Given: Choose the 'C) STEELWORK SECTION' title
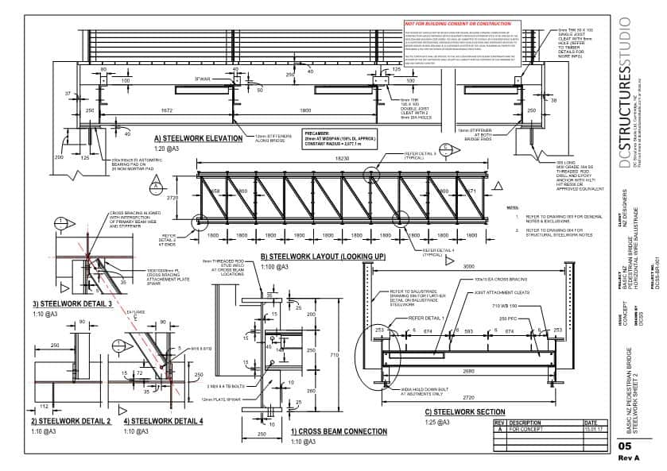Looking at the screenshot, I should tap(465, 412).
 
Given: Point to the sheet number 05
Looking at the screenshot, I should tap(626, 447).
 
